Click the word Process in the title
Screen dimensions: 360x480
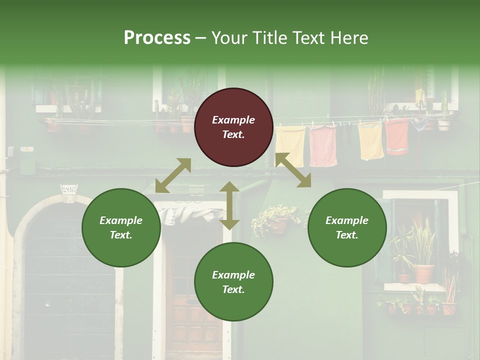pos(157,38)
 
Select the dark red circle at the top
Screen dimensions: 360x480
pos(233,127)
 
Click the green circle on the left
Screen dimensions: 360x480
pos(121,227)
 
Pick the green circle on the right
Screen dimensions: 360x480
pos(347,227)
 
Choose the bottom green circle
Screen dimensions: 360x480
pos(233,282)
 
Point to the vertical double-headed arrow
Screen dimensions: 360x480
pos(229,205)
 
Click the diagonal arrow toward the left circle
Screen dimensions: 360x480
pos(173,175)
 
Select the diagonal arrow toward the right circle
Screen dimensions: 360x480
pos(293,170)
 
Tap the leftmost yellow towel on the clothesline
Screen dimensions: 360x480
pos(290,145)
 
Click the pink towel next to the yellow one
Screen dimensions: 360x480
pos(322,145)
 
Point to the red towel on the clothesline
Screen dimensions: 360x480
pos(397,136)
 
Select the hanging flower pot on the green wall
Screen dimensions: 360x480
pos(278,225)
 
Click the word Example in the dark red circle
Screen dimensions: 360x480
pos(233,120)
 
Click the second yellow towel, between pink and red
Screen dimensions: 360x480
pos(370,140)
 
